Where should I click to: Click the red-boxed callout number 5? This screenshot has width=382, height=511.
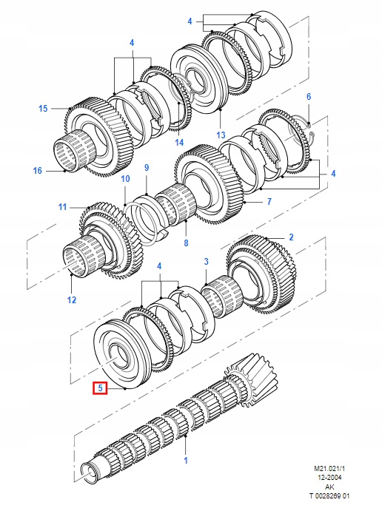click(100, 388)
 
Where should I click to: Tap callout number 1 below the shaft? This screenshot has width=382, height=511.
click(186, 460)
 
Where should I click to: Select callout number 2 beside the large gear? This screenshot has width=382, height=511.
click(291, 237)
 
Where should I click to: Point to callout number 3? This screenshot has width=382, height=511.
click(206, 261)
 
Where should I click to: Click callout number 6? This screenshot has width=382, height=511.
click(309, 96)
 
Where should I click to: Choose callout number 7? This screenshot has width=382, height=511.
click(269, 202)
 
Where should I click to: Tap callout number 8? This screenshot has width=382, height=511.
click(186, 243)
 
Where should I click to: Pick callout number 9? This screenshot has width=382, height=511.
click(147, 168)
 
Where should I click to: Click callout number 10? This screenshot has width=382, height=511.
click(125, 178)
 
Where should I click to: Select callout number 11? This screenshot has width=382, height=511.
click(62, 207)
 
